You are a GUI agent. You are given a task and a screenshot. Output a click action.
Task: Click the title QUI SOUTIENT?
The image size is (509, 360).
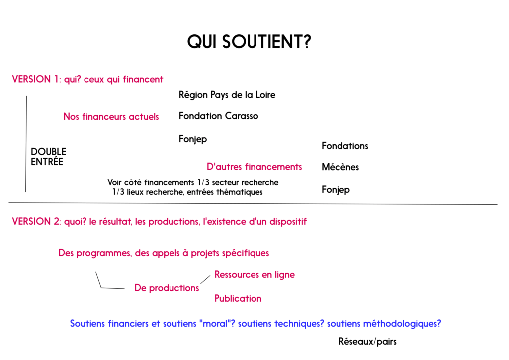pyautogui.click(x=249, y=42)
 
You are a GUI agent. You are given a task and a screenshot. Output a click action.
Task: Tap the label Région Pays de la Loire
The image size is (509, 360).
pyautogui.click(x=227, y=95)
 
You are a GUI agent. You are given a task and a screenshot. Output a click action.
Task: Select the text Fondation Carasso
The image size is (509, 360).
pyautogui.click(x=218, y=116)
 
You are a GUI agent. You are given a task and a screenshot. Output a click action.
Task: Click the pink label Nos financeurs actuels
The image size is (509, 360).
pyautogui.click(x=111, y=117)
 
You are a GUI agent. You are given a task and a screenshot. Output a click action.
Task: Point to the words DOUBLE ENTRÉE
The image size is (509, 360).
pyautogui.click(x=48, y=157)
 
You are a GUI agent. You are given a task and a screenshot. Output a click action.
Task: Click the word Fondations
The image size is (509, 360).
pyautogui.click(x=344, y=146)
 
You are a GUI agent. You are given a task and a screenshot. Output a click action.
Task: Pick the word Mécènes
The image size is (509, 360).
pyautogui.click(x=340, y=167)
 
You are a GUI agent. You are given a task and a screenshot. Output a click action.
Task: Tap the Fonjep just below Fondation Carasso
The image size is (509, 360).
pyautogui.click(x=193, y=139)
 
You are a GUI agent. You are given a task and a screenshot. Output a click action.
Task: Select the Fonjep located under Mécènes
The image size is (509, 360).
pyautogui.click(x=336, y=190)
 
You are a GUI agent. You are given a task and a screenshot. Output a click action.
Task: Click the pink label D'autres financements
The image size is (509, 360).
pyautogui.click(x=254, y=167)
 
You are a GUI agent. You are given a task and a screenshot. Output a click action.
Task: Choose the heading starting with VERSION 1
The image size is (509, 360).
pyautogui.click(x=87, y=79)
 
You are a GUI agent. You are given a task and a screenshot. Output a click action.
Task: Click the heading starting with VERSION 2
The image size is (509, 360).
pyautogui.click(x=159, y=222)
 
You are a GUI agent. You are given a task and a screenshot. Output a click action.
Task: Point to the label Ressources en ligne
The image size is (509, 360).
pyautogui.click(x=254, y=275)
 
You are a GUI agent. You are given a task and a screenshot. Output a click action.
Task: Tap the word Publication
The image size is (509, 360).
pyautogui.click(x=238, y=299)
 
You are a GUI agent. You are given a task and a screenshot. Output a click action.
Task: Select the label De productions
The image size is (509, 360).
pyautogui.click(x=167, y=288)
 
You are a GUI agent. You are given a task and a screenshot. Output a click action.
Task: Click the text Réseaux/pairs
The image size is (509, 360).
pyautogui.click(x=367, y=342)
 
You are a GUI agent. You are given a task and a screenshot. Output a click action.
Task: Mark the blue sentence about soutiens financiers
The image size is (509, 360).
pyautogui.click(x=255, y=324)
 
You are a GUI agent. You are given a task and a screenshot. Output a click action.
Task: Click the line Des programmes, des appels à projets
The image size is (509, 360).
pyautogui.click(x=164, y=253)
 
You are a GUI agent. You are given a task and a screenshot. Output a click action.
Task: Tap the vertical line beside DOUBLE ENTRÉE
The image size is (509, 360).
pyautogui.click(x=26, y=144)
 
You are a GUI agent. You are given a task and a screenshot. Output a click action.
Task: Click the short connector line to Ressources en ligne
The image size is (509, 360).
pyautogui.click(x=205, y=280)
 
